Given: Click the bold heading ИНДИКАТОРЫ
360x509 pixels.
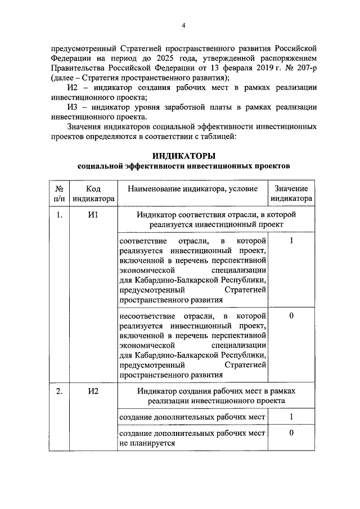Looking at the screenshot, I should click(184, 156).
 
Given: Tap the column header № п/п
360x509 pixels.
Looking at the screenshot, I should click(58, 193).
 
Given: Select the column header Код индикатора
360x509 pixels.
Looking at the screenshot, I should click(93, 193).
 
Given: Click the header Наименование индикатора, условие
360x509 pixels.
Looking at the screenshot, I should click(193, 189).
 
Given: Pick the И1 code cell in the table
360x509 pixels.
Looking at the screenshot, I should click(93, 215).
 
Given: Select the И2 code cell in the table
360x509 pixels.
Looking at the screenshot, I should click(93, 391).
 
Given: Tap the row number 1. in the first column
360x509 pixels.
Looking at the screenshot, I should click(58, 215).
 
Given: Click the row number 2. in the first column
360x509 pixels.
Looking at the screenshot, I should click(58, 391).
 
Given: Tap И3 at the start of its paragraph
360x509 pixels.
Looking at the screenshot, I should click(73, 107).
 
